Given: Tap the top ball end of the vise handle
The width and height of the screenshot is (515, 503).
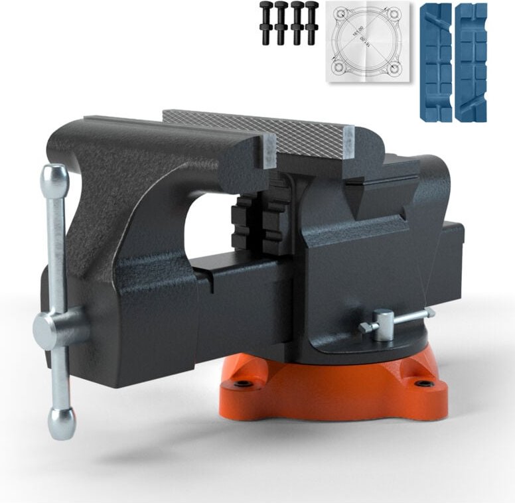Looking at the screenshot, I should [x=54, y=177].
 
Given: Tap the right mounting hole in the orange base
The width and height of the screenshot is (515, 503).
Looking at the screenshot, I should [x=423, y=383].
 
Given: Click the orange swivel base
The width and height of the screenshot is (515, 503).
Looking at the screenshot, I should [x=332, y=392].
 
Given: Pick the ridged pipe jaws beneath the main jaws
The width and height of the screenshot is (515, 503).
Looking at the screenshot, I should [x=256, y=222].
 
